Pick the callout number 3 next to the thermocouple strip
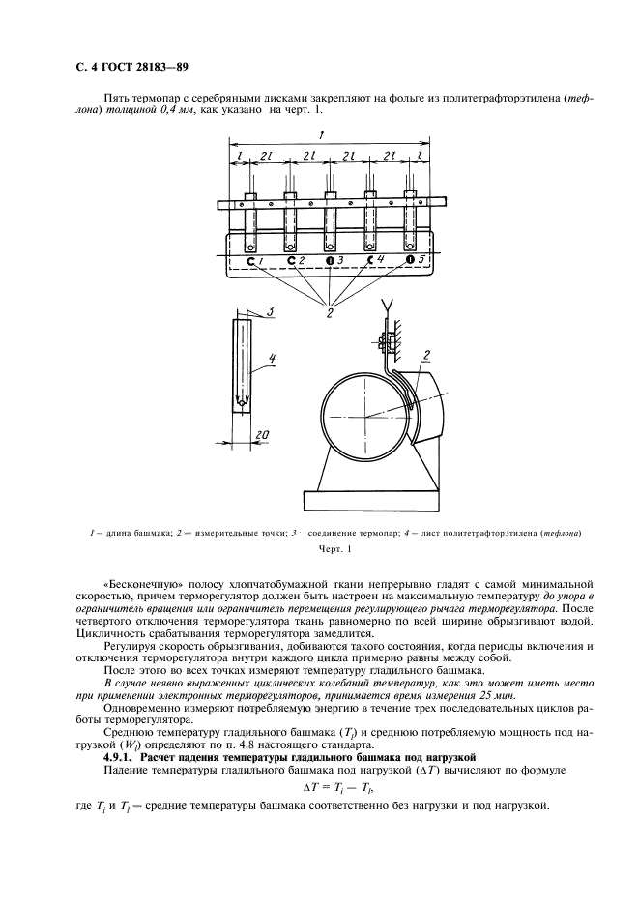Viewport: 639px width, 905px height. pos(273,311)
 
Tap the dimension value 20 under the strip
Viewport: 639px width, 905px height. pos(261,436)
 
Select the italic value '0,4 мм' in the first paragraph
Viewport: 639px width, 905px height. pos(206,111)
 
